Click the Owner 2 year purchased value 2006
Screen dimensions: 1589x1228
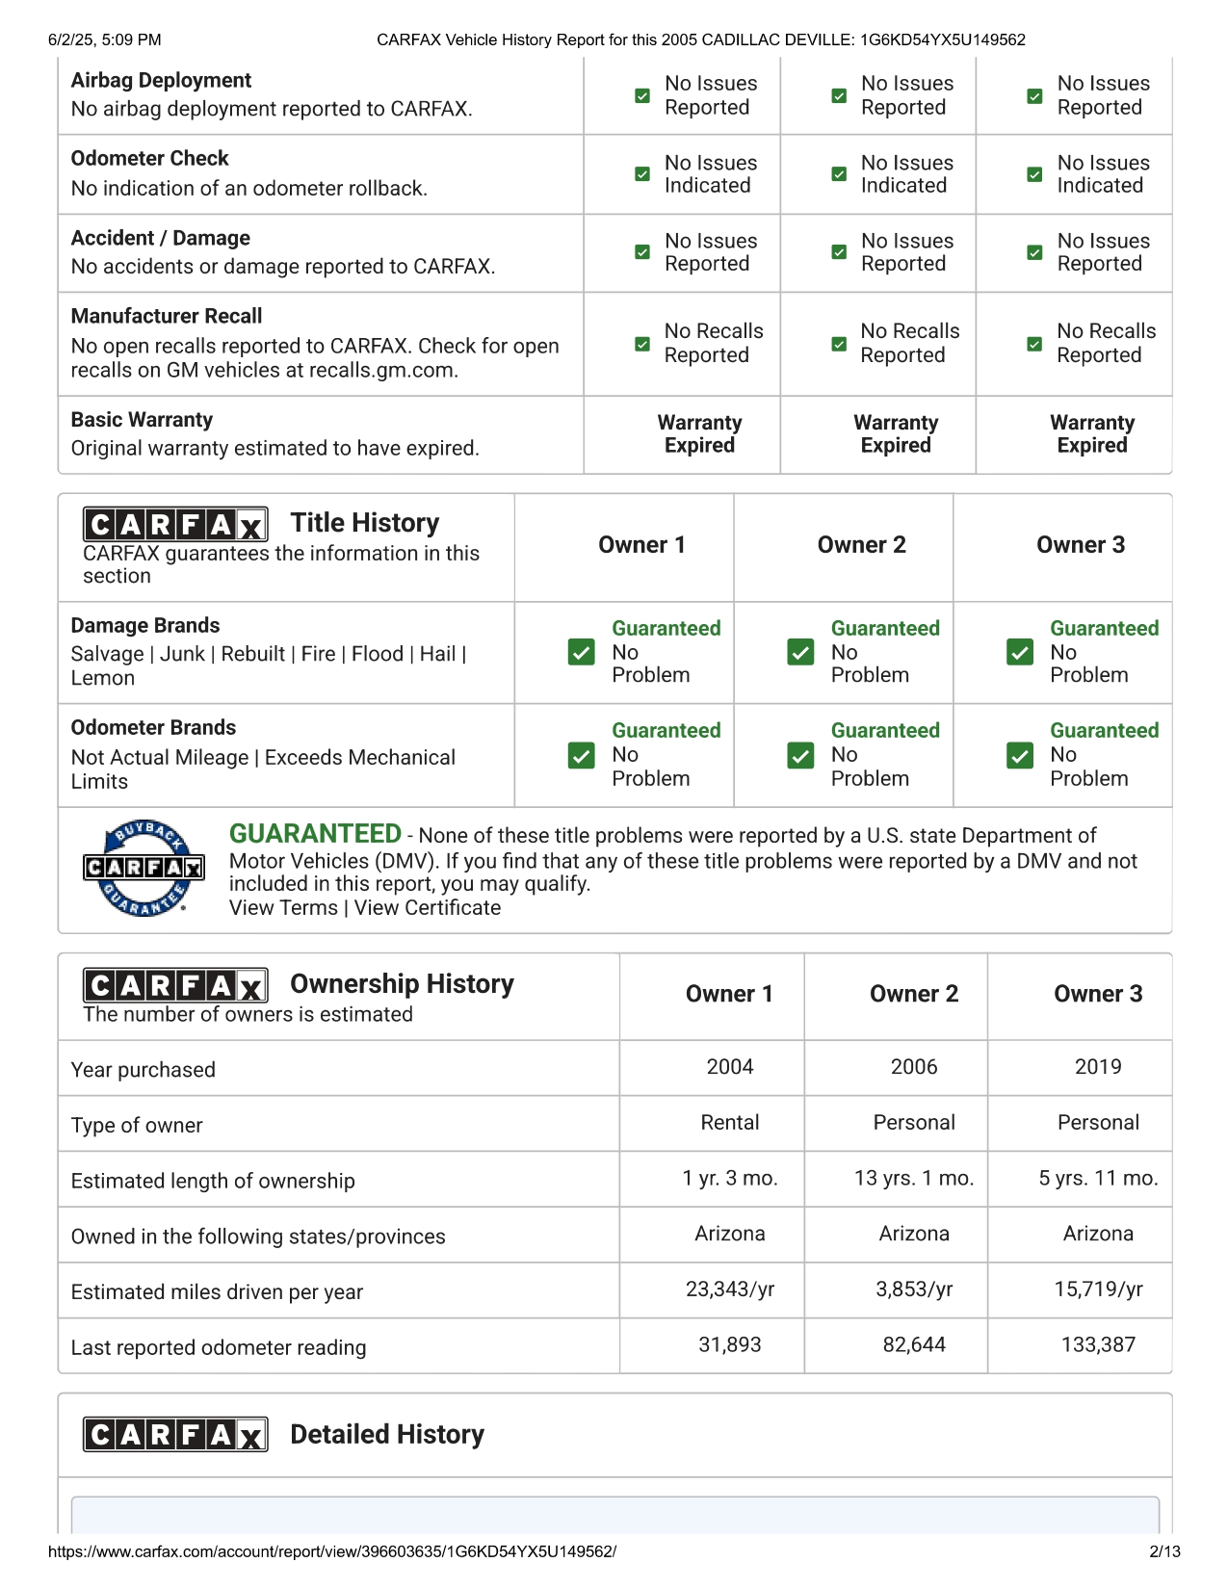[x=913, y=1067]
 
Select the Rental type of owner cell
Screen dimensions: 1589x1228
[x=729, y=1123]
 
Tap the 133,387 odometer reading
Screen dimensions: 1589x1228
[x=1098, y=1345]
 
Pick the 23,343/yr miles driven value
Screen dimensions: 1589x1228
[x=729, y=1289]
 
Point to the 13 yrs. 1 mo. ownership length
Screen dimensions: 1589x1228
[x=913, y=1179]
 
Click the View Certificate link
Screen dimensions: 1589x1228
[x=428, y=908]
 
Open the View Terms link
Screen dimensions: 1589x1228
[x=283, y=908]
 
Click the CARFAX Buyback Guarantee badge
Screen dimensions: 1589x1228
[x=144, y=868]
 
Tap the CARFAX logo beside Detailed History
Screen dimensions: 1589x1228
[x=175, y=1435]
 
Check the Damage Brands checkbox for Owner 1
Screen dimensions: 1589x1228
[x=581, y=652]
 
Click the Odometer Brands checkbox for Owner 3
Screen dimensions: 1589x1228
[x=1019, y=755]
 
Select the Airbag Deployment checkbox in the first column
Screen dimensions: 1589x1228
[x=641, y=96]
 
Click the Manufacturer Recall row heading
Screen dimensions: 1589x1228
[x=167, y=316]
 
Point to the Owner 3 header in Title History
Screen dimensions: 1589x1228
[x=1080, y=545]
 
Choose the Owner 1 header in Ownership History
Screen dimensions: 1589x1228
[x=729, y=995]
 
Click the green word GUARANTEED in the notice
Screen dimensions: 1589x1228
[x=315, y=834]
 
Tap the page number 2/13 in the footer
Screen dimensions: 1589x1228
[x=1164, y=1551]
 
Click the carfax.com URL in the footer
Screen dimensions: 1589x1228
[x=331, y=1551]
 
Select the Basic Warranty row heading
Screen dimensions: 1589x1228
[x=142, y=420]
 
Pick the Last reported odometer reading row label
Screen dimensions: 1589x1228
[x=219, y=1347]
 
